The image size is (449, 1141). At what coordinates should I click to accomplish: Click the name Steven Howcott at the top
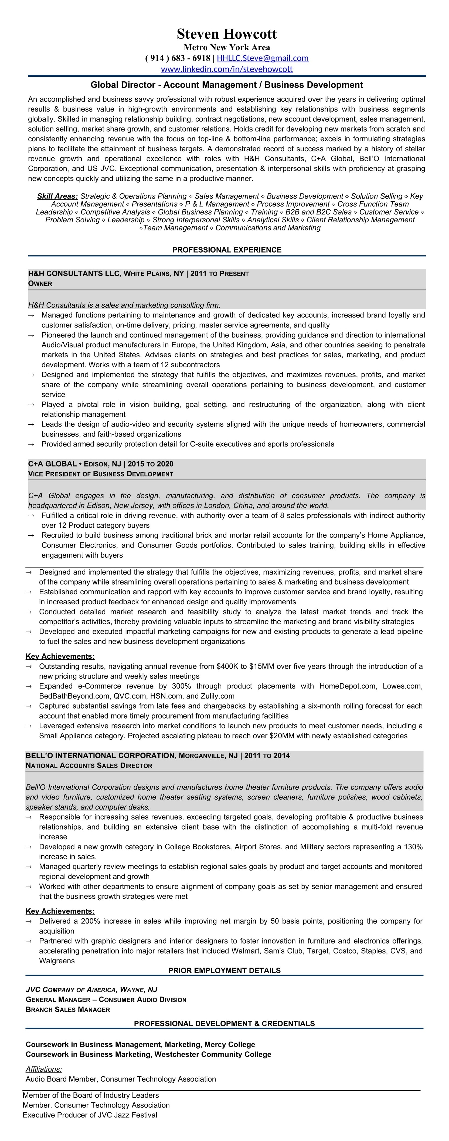click(x=226, y=34)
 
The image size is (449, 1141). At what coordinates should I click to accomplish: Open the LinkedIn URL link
click(x=226, y=69)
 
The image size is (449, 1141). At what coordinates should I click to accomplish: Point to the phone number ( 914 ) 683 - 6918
click(x=177, y=58)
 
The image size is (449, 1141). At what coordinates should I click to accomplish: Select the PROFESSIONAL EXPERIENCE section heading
click(x=226, y=250)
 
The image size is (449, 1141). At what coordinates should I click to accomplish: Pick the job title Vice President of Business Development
click(x=100, y=474)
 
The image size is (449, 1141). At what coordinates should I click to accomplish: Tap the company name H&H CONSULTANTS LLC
click(x=73, y=274)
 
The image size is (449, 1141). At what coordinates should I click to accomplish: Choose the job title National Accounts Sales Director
click(x=89, y=765)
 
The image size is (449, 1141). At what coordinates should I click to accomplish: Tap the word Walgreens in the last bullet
click(x=57, y=961)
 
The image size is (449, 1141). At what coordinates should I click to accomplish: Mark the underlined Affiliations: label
click(x=44, y=1069)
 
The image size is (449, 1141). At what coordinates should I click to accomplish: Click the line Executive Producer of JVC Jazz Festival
click(x=90, y=1115)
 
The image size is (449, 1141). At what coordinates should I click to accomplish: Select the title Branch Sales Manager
click(x=68, y=1009)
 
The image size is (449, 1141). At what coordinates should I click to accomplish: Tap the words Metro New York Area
click(x=226, y=47)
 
